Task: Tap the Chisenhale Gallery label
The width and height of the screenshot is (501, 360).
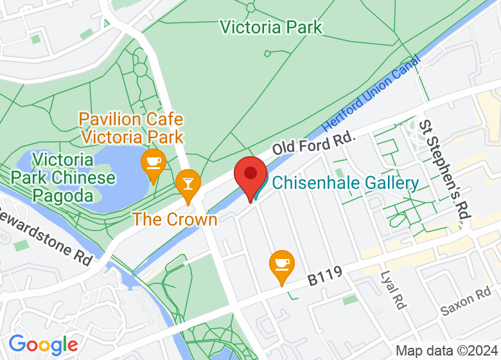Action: pyautogui.click(x=346, y=183)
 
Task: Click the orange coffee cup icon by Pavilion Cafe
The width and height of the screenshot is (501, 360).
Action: pyautogui.click(x=154, y=162)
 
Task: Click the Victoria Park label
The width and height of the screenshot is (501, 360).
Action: pyautogui.click(x=270, y=27)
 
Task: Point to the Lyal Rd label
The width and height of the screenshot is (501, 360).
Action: pyautogui.click(x=392, y=290)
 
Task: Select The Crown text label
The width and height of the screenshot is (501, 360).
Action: pyautogui.click(x=175, y=219)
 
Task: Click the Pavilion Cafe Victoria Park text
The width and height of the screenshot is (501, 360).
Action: pyautogui.click(x=131, y=128)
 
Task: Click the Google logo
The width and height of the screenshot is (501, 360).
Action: pyautogui.click(x=43, y=345)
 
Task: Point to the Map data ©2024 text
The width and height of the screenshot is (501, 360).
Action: pyautogui.click(x=446, y=351)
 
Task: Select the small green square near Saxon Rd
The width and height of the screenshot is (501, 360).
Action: pyautogui.click(x=350, y=300)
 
